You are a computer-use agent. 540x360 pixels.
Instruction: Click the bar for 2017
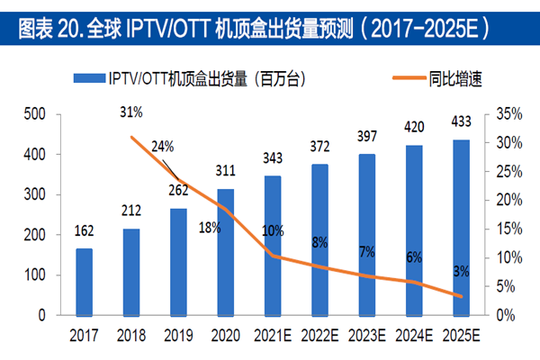point(83,282)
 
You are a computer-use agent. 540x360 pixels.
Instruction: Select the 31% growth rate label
point(131,113)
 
